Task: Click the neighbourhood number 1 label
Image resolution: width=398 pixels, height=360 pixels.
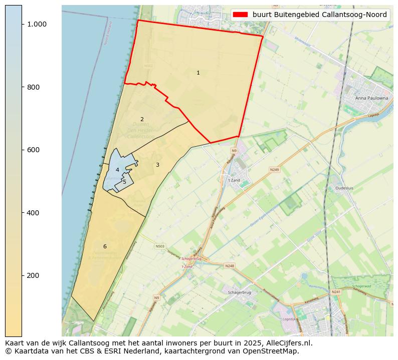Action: pos(198,73)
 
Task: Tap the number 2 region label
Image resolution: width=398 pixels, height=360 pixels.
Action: pos(142,119)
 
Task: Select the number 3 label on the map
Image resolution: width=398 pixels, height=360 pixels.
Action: pos(157,165)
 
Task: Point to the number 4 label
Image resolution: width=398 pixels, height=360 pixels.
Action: pos(117,170)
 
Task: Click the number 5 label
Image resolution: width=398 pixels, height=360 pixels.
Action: pos(124,182)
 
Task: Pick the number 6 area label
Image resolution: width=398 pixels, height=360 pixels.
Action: pos(105,246)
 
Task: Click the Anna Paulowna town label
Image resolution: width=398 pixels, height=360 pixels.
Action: pos(371,98)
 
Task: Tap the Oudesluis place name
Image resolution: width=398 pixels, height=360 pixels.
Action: pos(344,189)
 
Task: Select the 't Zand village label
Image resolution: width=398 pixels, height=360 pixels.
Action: pos(234,180)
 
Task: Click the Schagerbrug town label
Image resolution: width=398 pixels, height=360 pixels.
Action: pos(239,292)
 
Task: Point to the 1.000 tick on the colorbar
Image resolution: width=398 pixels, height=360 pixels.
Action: pos(37,24)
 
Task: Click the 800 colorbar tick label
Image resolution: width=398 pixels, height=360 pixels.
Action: pos(33,87)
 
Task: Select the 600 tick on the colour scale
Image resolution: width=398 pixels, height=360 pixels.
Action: pos(33,150)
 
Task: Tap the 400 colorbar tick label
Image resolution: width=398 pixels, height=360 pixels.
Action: pos(33,213)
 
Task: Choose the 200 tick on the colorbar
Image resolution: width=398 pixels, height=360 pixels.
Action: pos(33,275)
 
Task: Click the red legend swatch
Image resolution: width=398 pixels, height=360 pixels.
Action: pos(240,15)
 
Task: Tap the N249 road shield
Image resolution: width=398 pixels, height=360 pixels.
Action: pos(274,170)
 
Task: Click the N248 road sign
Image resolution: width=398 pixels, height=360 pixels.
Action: pos(230,266)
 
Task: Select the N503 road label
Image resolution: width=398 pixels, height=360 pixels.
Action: pos(160,246)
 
